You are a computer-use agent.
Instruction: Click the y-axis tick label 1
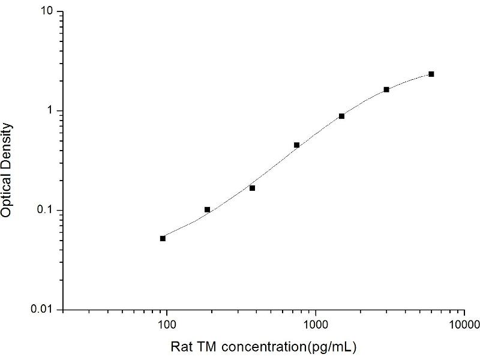click(x=52, y=111)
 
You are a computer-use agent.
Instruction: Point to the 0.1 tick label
click(x=48, y=211)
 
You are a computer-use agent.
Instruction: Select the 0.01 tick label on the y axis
click(x=46, y=310)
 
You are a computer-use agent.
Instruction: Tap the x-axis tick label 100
click(x=166, y=325)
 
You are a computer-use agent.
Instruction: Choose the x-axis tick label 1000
click(x=315, y=325)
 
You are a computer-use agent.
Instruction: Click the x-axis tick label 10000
click(x=463, y=325)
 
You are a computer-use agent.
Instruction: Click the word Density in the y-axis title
click(x=7, y=145)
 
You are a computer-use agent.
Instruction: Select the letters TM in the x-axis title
click(x=202, y=347)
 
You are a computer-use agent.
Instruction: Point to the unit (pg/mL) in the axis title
click(x=334, y=347)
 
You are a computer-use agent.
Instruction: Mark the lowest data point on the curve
click(x=163, y=238)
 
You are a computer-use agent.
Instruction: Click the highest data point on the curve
click(x=431, y=74)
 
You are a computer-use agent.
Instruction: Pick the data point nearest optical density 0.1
click(x=208, y=209)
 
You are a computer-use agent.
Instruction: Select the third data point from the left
click(x=252, y=188)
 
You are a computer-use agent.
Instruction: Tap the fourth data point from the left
click(x=296, y=145)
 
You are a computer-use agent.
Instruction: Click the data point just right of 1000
click(x=341, y=116)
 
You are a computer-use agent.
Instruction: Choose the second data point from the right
click(x=386, y=89)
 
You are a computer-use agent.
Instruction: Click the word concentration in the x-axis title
click(x=261, y=347)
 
